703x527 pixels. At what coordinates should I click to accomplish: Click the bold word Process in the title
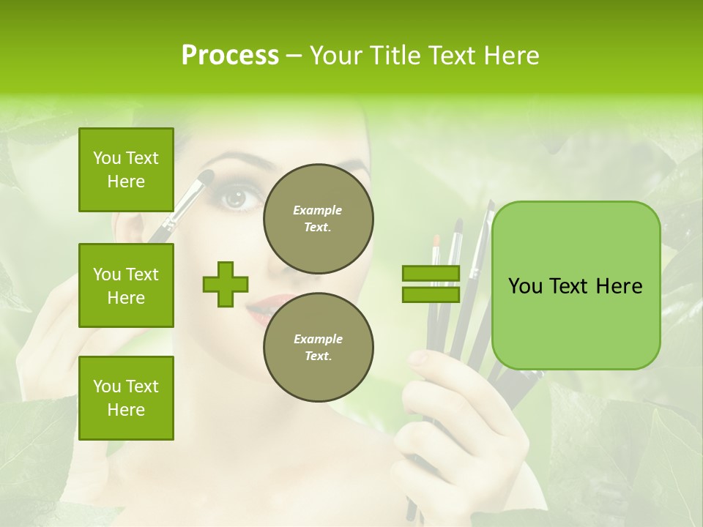pos(230,56)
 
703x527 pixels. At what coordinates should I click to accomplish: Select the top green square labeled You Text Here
pos(126,170)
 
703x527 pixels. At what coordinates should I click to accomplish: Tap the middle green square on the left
pos(126,285)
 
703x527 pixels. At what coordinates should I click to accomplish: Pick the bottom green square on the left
pos(126,397)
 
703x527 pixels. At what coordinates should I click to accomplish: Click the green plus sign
pos(226,284)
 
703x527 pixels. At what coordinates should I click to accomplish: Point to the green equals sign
pos(431,284)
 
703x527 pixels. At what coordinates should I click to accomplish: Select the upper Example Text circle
pos(318,219)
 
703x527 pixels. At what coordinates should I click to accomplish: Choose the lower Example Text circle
pos(318,348)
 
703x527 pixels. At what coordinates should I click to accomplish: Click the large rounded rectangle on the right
pos(576,285)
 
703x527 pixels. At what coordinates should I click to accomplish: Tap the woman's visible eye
pos(236,198)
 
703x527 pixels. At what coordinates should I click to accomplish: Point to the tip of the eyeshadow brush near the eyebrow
pos(207,176)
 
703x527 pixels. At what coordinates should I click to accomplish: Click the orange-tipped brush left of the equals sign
pos(435,241)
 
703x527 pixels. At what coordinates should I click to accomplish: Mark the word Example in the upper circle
pos(318,210)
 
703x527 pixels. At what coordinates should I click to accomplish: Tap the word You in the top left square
pos(106,158)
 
